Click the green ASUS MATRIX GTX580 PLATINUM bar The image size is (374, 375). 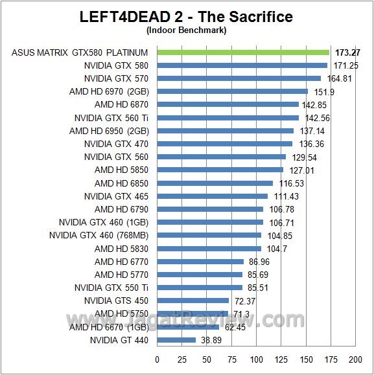(243, 52)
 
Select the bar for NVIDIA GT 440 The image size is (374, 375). (176, 340)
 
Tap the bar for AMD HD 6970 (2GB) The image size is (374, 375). (232, 91)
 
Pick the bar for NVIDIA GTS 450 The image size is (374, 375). (193, 301)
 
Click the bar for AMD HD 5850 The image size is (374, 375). (220, 170)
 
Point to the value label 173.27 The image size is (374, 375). (348, 52)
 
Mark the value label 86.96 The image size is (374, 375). (261, 262)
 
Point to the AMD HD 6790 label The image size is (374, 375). (121, 209)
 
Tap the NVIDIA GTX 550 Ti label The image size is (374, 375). (111, 288)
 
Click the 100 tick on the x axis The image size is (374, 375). (256, 359)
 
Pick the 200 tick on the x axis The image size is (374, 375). (355, 359)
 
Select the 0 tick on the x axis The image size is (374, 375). (158, 359)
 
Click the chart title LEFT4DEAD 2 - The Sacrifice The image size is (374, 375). (187, 16)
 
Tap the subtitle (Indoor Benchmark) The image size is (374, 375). (187, 29)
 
